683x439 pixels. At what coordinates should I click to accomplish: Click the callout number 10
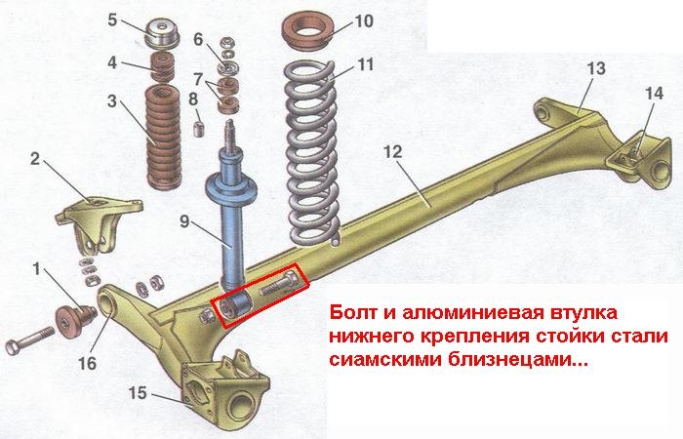pos(363,20)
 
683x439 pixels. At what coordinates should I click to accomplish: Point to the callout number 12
pos(392,152)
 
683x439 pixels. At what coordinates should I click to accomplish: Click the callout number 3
pos(112,101)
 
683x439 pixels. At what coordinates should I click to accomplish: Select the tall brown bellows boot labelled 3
pos(163,138)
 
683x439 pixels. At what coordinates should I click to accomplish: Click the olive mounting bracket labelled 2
pos(98,224)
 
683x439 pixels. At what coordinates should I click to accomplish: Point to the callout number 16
pos(87,362)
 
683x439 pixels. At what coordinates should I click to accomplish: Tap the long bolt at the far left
pos(30,340)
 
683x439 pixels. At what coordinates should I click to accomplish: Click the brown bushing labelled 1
pos(74,321)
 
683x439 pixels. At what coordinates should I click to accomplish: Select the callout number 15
pos(138,393)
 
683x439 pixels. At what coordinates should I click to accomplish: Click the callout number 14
pos(654,94)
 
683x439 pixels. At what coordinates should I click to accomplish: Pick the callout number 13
pos(596,68)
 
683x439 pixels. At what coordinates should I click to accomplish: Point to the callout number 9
pos(184,221)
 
